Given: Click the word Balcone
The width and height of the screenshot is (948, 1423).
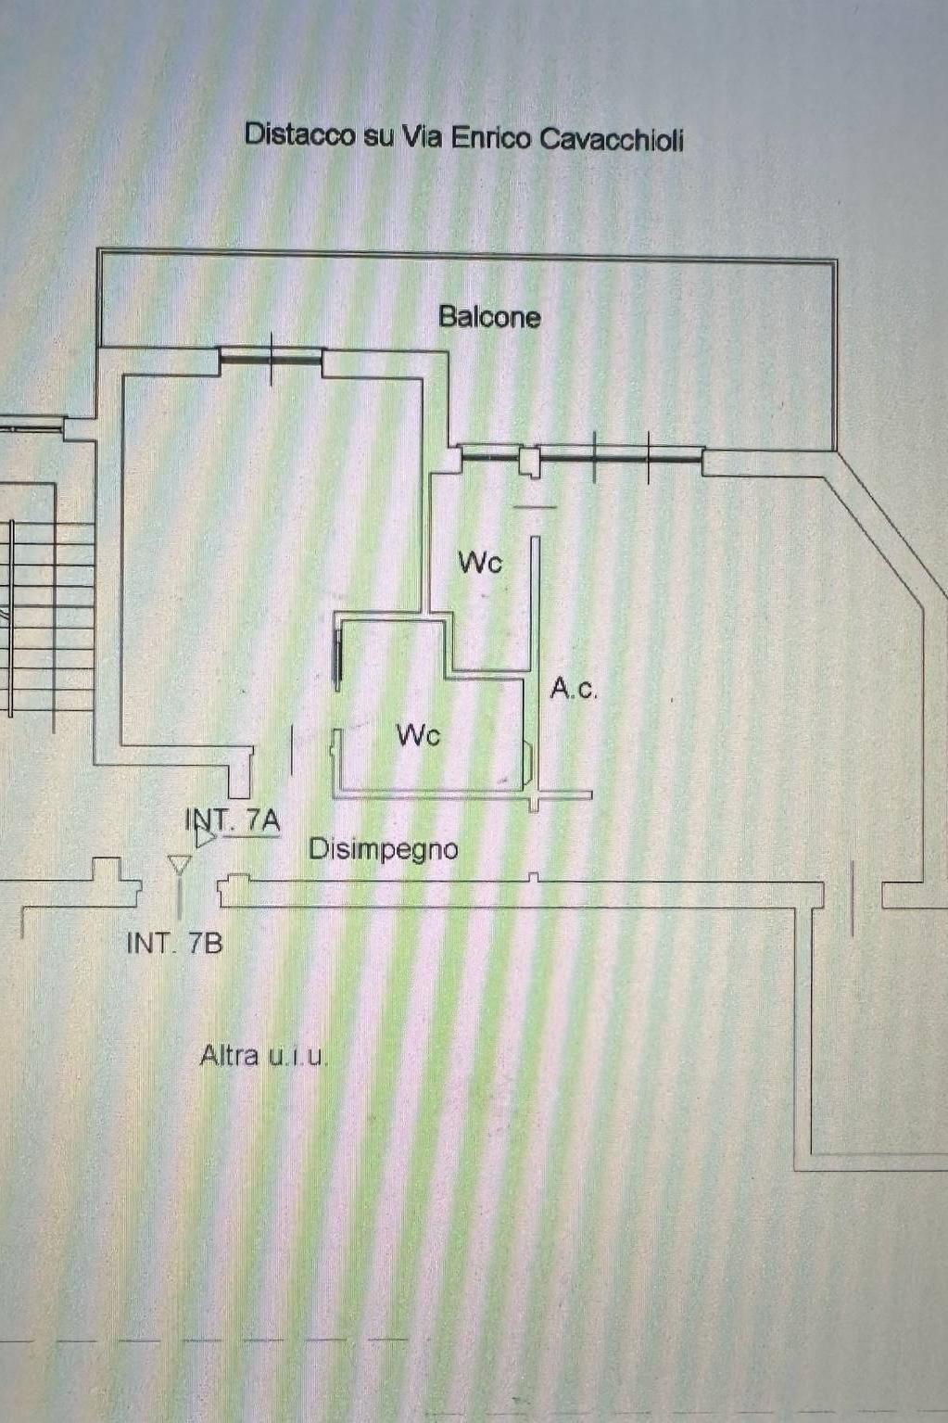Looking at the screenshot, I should coord(489,317).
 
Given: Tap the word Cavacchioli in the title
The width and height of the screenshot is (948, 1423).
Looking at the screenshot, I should coord(612,139).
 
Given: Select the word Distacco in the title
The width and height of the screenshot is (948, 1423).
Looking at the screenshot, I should coord(299,135).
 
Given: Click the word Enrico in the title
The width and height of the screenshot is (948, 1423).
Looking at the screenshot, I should coord(490,138).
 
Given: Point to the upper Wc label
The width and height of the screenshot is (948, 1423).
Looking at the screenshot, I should coord(480,562).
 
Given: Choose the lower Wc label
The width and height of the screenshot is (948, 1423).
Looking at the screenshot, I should coord(418,735).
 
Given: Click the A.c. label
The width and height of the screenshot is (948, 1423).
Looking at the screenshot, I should coord(573,688).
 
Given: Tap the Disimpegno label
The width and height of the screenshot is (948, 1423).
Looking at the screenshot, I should coord(383,848).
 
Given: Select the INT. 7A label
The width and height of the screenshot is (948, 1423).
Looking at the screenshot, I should coord(233,819).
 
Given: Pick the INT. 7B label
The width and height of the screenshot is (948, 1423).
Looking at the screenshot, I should coord(174,943).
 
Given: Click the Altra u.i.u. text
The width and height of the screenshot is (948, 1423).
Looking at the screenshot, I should coord(263,1055).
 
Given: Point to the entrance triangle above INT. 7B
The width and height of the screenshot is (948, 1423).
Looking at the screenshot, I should coord(179,866).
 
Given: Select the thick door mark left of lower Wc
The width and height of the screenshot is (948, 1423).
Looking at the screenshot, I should coord(337,657).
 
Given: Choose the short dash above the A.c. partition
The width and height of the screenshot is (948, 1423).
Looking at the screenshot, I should coord(535,507).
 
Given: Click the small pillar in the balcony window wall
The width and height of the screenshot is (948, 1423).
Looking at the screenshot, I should coord(529,461).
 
